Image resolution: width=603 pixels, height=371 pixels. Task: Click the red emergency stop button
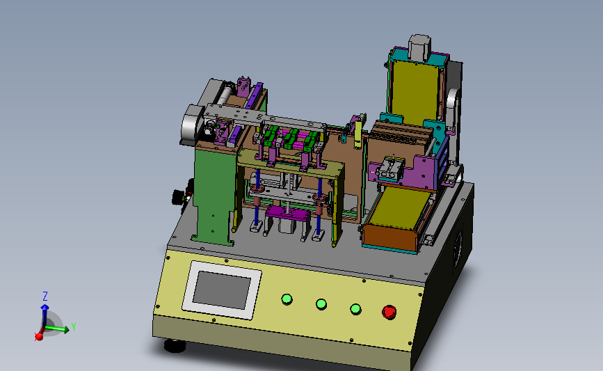point(389,312)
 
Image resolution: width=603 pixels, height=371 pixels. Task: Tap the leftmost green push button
point(287,299)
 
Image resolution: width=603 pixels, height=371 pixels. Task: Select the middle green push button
point(321,304)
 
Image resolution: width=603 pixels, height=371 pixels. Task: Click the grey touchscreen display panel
point(222,290)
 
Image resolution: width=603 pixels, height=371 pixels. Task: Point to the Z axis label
point(45,296)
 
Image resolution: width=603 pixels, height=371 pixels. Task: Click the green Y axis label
point(74,327)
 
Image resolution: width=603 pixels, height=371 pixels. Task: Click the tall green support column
point(214,194)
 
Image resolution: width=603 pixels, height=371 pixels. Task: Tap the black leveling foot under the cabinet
point(175,345)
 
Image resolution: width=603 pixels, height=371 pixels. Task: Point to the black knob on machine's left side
point(177,197)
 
